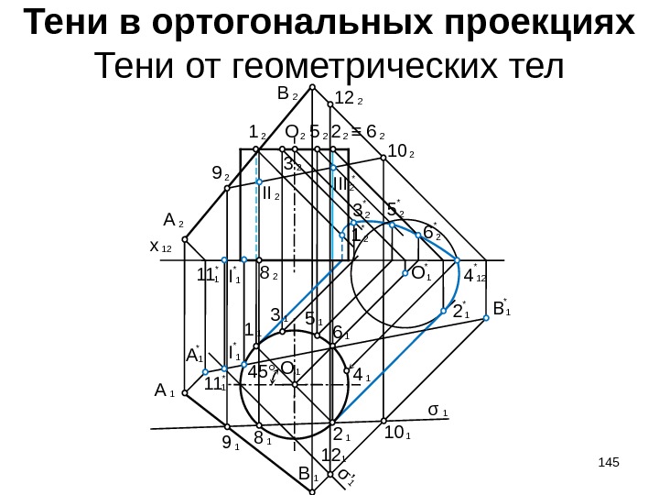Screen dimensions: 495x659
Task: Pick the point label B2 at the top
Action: [284, 94]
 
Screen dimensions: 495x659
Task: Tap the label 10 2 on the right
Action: [400, 151]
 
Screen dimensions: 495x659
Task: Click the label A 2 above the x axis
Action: [173, 221]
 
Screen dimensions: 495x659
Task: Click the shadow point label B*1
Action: [501, 309]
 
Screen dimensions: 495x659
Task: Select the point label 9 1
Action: [230, 446]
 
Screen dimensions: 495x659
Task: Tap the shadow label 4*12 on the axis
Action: [474, 275]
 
